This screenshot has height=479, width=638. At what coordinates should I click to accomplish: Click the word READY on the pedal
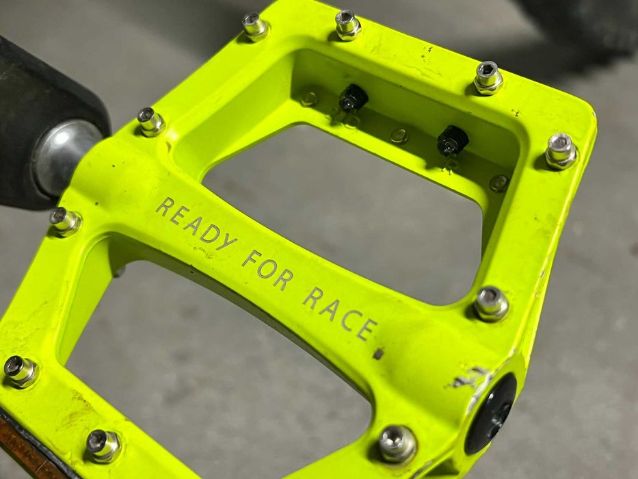click(x=196, y=224)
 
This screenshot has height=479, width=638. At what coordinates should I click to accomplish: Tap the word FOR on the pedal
click(x=267, y=270)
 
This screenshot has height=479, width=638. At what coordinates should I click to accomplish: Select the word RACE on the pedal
click(x=340, y=314)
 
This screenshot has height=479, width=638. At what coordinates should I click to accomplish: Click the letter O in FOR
click(x=267, y=269)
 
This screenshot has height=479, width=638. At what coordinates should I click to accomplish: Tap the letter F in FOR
click(x=251, y=259)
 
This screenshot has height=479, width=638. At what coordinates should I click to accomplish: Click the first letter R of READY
click(x=164, y=207)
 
